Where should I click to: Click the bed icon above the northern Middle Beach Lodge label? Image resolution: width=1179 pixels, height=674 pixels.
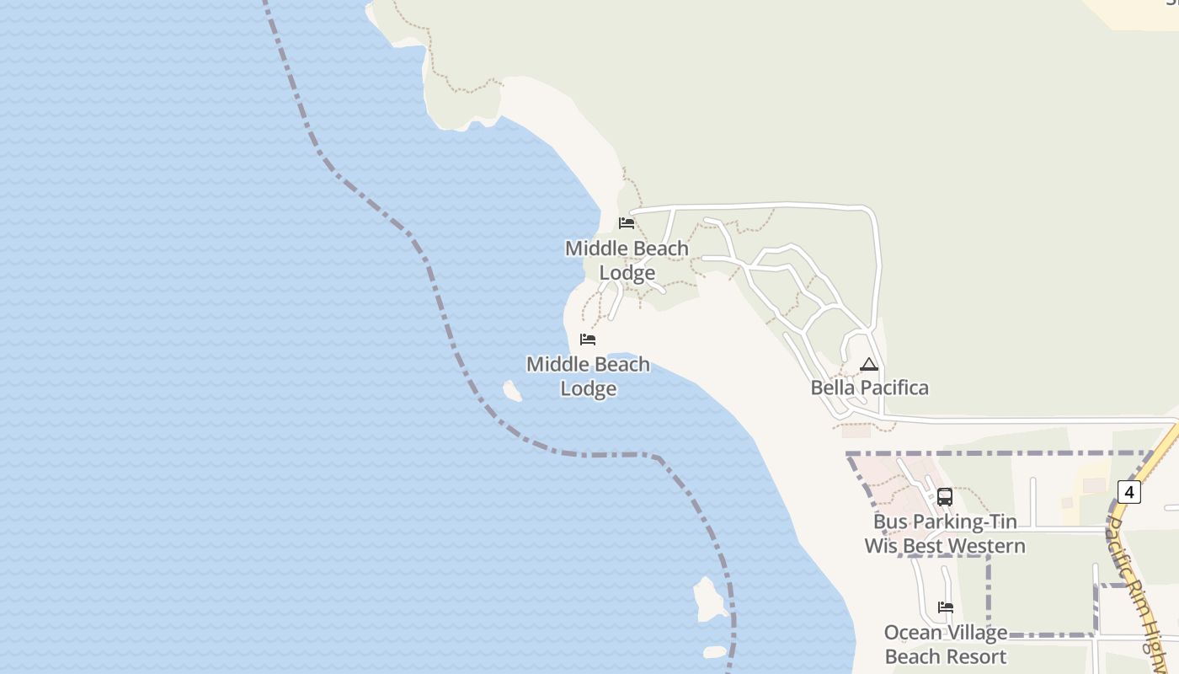(627, 223)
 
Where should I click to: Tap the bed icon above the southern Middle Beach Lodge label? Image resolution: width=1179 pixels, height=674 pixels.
(588, 340)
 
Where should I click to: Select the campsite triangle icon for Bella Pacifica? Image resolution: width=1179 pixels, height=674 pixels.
(869, 365)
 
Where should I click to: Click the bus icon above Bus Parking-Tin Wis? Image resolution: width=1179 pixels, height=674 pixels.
(945, 497)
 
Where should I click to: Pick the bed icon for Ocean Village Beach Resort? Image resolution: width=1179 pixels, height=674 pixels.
(946, 607)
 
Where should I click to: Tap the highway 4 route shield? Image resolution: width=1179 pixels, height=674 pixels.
(1128, 491)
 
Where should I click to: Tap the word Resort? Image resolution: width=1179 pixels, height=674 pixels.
(975, 656)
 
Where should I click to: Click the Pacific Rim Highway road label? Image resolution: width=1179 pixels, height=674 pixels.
(1137, 581)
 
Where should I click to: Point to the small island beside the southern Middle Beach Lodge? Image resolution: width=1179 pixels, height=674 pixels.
(512, 390)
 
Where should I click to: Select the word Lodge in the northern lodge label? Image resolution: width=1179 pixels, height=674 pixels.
(627, 273)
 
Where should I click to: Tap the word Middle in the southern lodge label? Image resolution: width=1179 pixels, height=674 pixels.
(557, 365)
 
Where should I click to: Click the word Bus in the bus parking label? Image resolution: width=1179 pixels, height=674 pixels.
(890, 522)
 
